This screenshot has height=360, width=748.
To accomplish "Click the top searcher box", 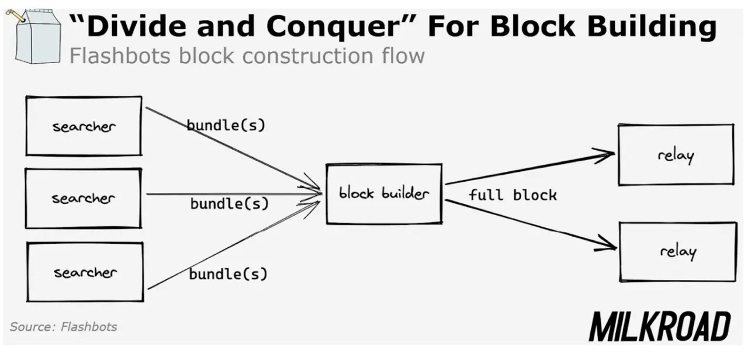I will click(84, 126).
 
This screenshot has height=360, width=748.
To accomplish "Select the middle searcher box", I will click(84, 198).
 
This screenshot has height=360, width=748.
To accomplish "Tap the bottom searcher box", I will click(85, 272).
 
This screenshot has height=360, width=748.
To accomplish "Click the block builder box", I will click(384, 194).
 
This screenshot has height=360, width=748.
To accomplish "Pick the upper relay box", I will click(676, 155).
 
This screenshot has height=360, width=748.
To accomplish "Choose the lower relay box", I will click(678, 252).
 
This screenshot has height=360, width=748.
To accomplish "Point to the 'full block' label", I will click(512, 195).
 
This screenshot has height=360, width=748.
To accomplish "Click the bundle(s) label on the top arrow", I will click(226, 125).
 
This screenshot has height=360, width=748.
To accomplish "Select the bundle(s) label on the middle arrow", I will click(229, 204).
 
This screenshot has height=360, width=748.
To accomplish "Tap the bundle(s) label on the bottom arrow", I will click(228, 274).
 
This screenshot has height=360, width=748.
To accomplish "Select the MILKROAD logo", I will click(659, 326).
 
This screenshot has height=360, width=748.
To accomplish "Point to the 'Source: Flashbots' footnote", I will click(64, 327).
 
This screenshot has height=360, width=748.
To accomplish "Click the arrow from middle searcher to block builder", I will click(234, 193).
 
